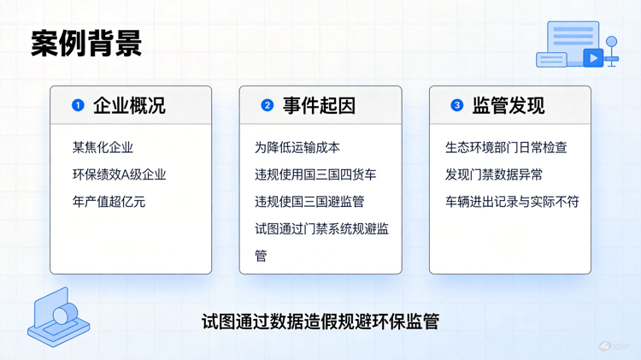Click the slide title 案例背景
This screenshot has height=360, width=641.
(x=86, y=43)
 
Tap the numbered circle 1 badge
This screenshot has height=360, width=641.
(x=78, y=105)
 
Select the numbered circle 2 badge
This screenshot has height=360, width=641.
(x=267, y=105)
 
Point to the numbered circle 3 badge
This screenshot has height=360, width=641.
(x=456, y=105)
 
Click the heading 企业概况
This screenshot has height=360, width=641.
(x=129, y=105)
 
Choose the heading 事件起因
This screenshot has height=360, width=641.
(x=319, y=105)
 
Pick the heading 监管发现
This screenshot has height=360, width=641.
(x=509, y=105)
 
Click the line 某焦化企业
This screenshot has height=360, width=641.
(x=103, y=148)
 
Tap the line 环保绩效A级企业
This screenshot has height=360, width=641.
(x=120, y=174)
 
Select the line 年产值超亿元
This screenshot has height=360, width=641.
(x=109, y=202)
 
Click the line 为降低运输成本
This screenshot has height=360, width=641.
(x=297, y=148)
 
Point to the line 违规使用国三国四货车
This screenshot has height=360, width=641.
(x=315, y=174)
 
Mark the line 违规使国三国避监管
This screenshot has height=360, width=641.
(x=309, y=202)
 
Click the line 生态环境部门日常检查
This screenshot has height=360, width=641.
(x=506, y=148)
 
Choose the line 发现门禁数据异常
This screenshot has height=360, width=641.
(x=494, y=174)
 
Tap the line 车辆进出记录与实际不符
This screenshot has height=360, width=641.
(x=512, y=202)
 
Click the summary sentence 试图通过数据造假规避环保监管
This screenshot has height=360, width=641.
(x=320, y=322)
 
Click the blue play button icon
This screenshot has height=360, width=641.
(x=592, y=58)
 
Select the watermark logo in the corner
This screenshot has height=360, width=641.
(x=613, y=346)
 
